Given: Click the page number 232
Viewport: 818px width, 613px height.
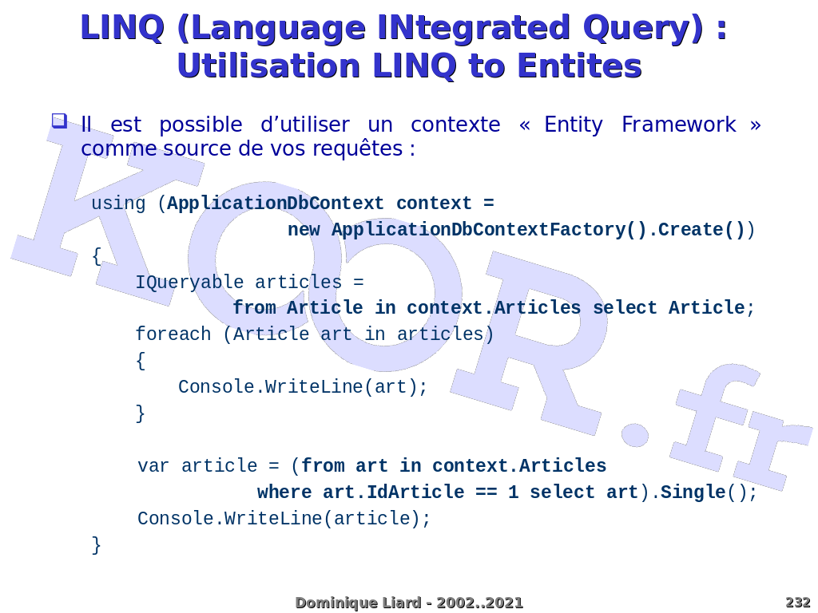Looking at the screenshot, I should click(x=797, y=603).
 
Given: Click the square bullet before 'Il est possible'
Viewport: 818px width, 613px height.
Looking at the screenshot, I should click(x=59, y=121).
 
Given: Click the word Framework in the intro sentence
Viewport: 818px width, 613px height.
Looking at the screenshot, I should click(x=678, y=125).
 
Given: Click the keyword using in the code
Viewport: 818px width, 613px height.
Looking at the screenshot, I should click(x=118, y=204).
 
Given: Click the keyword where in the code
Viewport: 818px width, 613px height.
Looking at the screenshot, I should click(x=284, y=492).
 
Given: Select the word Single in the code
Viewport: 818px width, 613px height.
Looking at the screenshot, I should click(x=693, y=492).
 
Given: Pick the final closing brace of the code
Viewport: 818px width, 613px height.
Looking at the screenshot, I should click(x=97, y=545).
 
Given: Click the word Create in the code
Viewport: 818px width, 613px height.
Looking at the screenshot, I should click(x=691, y=230).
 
